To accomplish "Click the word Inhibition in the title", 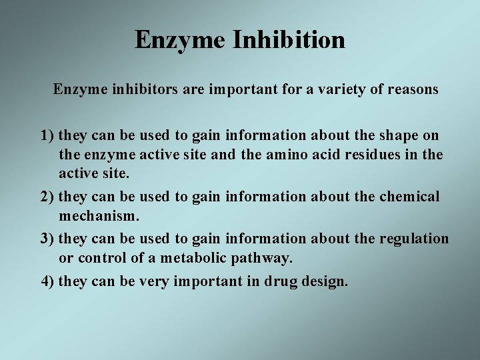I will point(289,40).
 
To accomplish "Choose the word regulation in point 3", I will point(414,239).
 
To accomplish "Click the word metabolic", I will point(189,257).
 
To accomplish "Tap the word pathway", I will point(260,259).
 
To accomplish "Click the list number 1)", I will point(47,136).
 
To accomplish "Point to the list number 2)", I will point(47,197).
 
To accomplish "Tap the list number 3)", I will point(47,239).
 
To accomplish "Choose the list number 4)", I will point(47,281).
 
